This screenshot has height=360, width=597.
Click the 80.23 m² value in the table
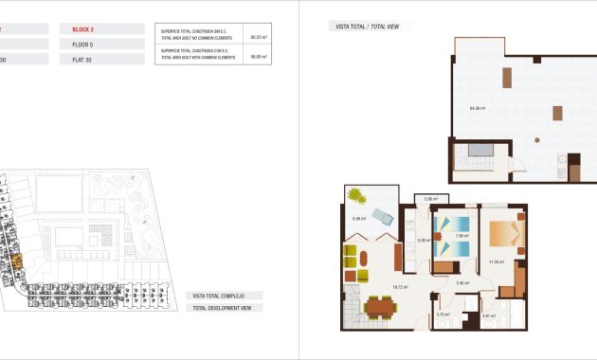pos(256,38)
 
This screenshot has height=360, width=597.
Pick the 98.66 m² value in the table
pos(256,56)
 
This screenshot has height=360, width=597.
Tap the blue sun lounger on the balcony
pos(383,217)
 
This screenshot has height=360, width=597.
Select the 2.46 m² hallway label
pos(461,283)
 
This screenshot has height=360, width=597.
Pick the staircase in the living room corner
pos(351,307)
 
